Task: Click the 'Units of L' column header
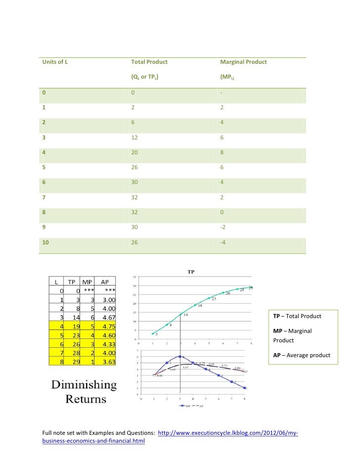54,62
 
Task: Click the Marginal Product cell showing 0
222,213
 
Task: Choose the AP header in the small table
105,281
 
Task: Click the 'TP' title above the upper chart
190,272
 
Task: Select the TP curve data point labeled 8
167,326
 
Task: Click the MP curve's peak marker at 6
180,356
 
